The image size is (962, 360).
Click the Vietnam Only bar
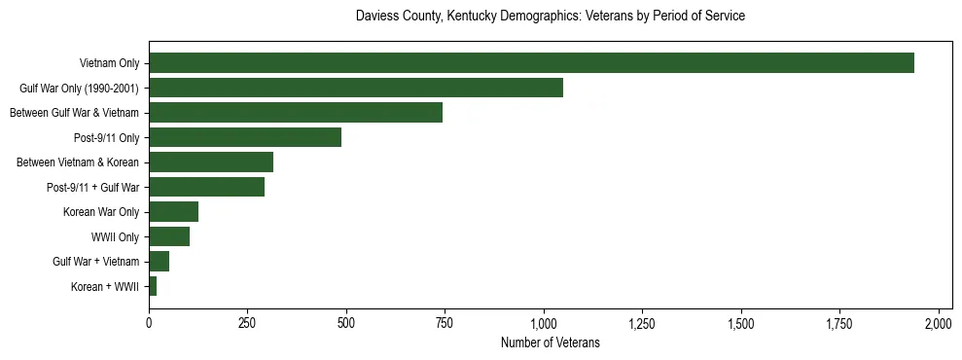coord(531,63)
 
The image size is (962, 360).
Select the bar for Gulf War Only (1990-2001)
coord(356,88)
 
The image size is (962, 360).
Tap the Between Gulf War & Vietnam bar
coord(296,112)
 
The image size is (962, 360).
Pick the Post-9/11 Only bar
coord(245,137)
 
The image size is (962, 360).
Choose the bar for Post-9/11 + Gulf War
coord(207,187)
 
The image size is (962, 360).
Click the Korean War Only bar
coord(173,211)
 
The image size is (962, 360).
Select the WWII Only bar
coord(169,236)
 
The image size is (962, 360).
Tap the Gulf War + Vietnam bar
coord(160,261)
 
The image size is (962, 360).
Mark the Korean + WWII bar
coord(153,286)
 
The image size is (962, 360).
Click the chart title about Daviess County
coord(551,17)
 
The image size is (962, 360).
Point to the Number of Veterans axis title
coord(550,343)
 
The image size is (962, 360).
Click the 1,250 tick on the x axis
coord(642,322)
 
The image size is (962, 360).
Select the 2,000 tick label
coord(939,322)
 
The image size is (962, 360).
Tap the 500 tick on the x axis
coord(346,322)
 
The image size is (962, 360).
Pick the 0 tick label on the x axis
coord(149,322)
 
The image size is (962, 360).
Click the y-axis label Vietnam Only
coord(110,63)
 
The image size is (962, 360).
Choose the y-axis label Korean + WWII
coord(105,286)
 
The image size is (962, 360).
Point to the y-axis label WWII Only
coord(116,236)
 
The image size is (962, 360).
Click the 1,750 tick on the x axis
coord(839,322)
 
